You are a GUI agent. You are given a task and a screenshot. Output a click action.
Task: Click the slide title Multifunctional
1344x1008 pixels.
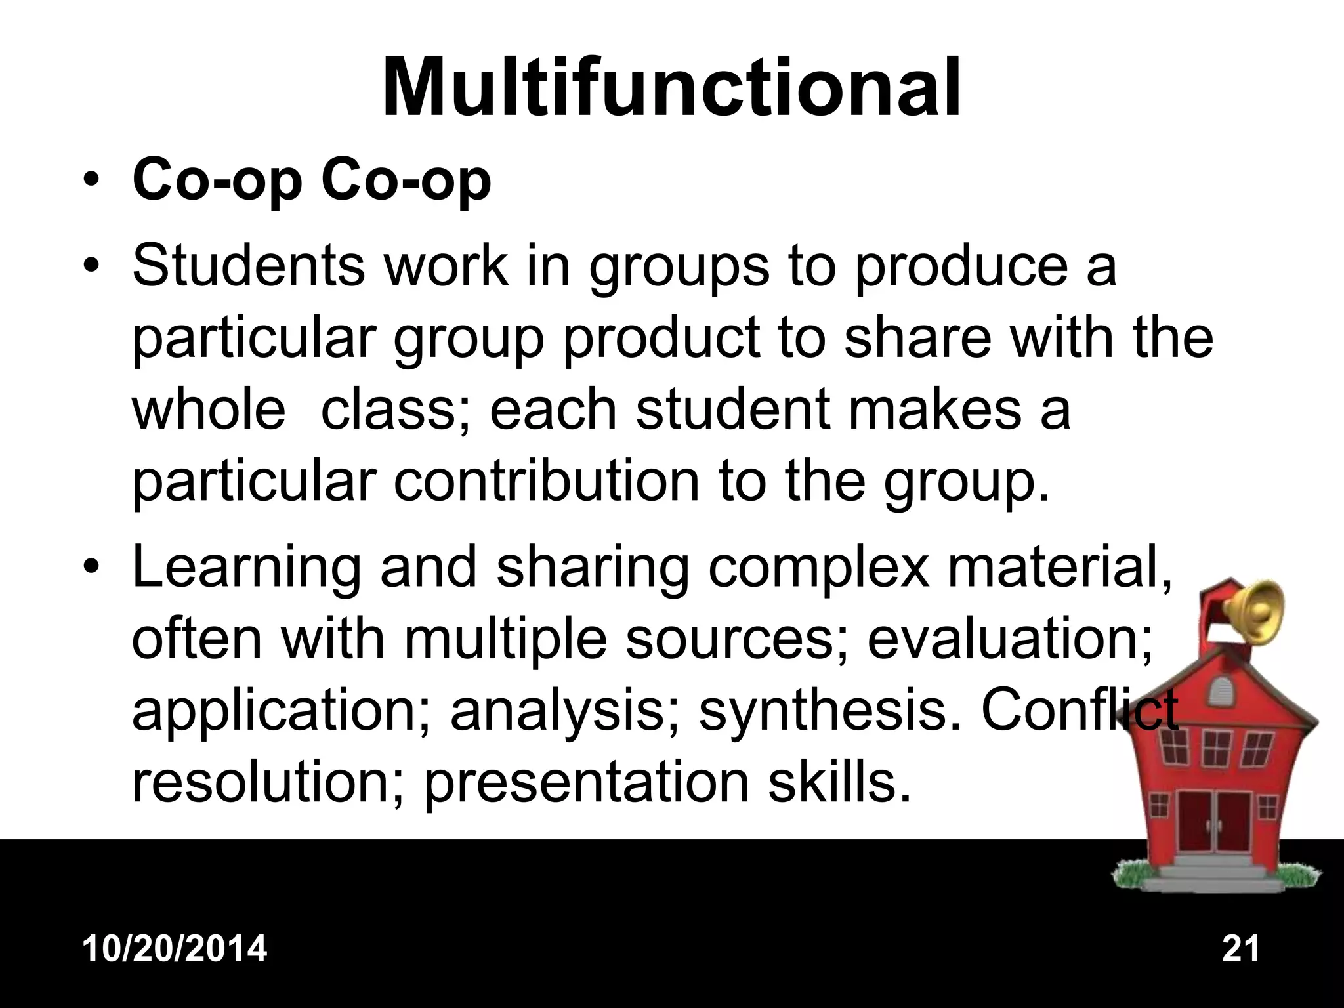point(671,87)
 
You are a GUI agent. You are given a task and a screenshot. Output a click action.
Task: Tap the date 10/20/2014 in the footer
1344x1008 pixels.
point(175,949)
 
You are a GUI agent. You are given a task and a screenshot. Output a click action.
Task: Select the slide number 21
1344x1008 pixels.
point(1241,949)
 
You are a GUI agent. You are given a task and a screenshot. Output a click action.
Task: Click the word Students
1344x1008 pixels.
point(249,266)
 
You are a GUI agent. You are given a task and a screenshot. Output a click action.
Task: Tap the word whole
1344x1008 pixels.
point(209,409)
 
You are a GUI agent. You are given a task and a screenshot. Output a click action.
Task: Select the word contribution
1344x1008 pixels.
point(547,481)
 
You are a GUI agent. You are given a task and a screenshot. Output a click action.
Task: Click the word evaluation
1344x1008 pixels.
point(1009,639)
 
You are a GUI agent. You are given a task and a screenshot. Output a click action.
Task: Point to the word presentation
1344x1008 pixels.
point(586,783)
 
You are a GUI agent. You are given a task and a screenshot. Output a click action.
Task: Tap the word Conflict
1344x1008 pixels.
point(1079,710)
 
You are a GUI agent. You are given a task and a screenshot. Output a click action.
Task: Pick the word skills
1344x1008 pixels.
point(839,782)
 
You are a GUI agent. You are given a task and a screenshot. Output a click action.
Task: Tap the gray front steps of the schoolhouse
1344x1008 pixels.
point(1213,873)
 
